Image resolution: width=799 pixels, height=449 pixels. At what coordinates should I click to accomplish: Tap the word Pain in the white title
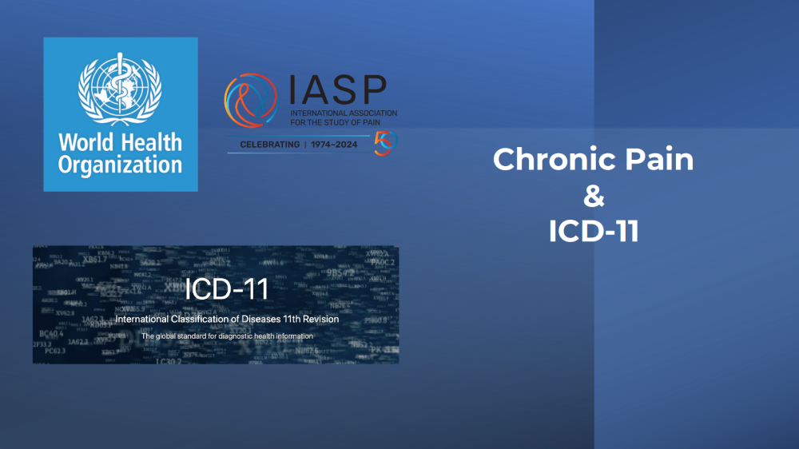pos(658,160)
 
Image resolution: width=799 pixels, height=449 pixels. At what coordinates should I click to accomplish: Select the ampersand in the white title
pos(594,196)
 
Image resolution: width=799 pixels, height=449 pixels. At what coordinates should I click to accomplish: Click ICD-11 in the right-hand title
pos(594,231)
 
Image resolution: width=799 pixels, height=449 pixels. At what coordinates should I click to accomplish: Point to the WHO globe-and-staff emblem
pos(120,89)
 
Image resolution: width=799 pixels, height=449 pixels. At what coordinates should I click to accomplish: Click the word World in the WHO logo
pos(85,145)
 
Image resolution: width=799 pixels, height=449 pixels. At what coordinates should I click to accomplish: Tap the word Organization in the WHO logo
pos(120,165)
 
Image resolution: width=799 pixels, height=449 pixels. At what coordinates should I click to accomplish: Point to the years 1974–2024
pos(337,145)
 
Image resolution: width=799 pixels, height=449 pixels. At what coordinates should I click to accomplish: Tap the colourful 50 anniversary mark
pos(385,143)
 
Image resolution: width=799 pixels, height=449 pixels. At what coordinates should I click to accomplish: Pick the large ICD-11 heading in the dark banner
pos(227,290)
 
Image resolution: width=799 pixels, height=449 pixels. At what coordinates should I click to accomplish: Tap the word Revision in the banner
pos(321,319)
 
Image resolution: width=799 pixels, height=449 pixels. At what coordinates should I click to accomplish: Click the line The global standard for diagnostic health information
pos(227,336)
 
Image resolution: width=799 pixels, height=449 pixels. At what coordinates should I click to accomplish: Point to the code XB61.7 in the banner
pos(94,259)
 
